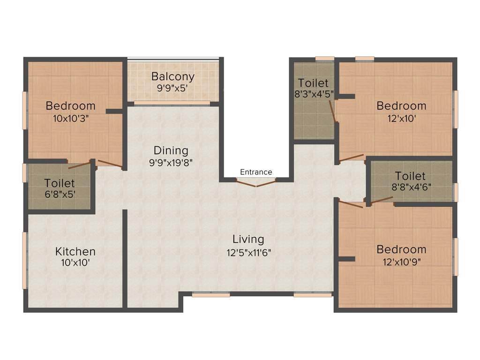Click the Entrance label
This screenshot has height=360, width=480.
click(256, 172)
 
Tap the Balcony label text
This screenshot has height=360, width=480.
click(172, 76)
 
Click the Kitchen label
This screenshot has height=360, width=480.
click(75, 251)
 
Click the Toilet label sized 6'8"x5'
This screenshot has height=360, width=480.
click(60, 183)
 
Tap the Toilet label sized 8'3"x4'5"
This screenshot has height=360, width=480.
click(313, 83)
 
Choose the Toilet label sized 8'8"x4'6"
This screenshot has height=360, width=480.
click(410, 176)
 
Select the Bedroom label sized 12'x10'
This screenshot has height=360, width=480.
click(402, 105)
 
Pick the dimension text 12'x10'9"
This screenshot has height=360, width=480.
click(402, 262)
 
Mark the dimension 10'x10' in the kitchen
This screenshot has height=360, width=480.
click(75, 263)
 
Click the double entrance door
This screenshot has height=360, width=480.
click(256, 183)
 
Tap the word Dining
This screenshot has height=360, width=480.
click(171, 150)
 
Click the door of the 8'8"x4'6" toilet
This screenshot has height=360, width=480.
click(382, 200)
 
